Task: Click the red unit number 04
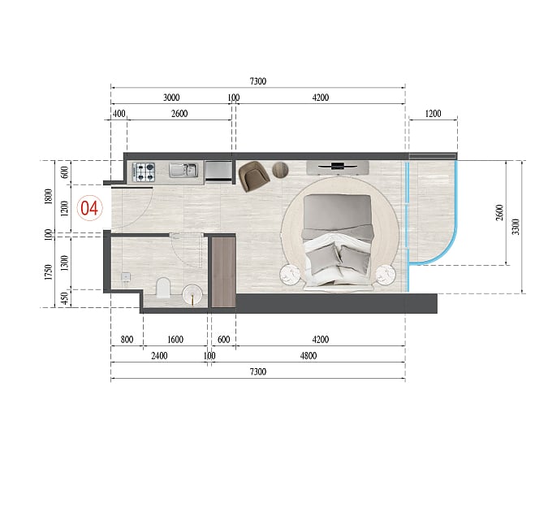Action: coord(89,208)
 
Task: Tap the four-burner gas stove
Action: coord(144,172)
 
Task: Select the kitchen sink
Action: coord(183,171)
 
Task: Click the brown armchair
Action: coord(254,176)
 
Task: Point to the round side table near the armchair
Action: coord(280,170)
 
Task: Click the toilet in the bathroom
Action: coord(163,288)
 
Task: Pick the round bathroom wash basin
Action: coord(192,294)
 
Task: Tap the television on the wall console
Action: coord(337,166)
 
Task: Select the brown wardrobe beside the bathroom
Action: coord(224,272)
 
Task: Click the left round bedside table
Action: coord(290,275)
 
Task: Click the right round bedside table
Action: coord(386,275)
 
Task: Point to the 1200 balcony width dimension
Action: coord(433,114)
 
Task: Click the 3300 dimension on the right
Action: coord(516,227)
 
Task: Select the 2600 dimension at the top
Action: coord(179,114)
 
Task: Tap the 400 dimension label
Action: coord(119,114)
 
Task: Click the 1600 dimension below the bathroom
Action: coord(175,340)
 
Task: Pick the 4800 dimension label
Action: coord(309,356)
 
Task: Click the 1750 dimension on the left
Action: coord(49,272)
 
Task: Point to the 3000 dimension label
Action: coord(171,98)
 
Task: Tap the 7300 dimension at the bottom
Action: coord(258,371)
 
